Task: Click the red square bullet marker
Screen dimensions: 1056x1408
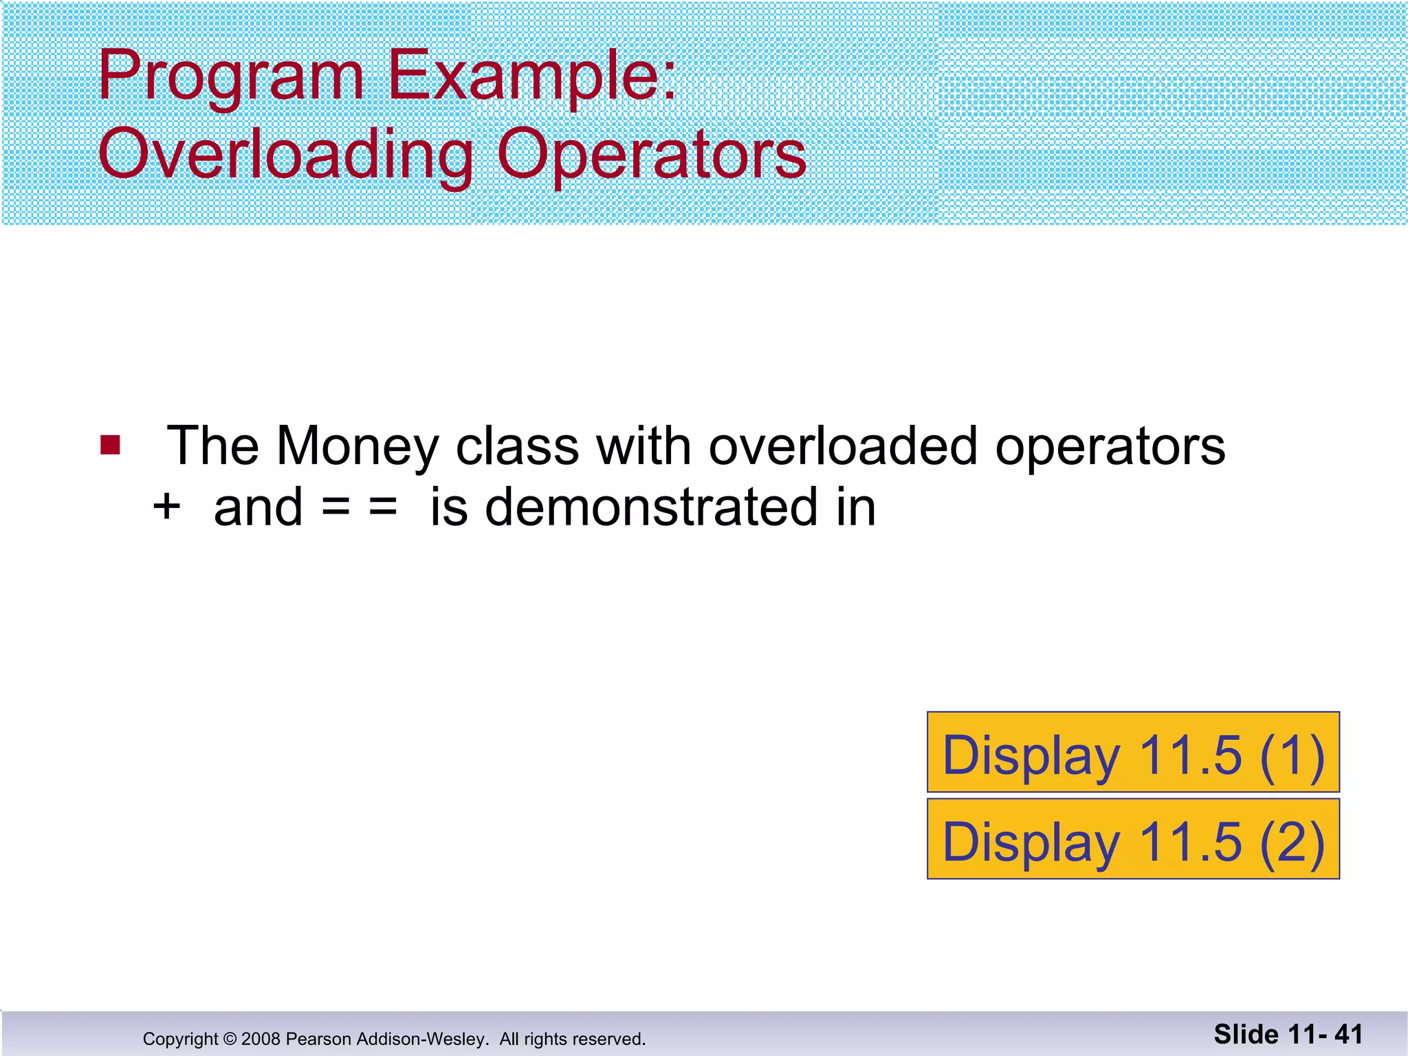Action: point(110,445)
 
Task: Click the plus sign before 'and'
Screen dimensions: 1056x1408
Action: point(166,507)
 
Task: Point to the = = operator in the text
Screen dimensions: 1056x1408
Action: point(360,507)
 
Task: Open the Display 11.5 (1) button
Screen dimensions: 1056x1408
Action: point(1133,753)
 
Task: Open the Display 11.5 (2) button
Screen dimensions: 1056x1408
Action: point(1133,839)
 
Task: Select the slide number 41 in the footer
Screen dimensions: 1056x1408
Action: point(1348,1035)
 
